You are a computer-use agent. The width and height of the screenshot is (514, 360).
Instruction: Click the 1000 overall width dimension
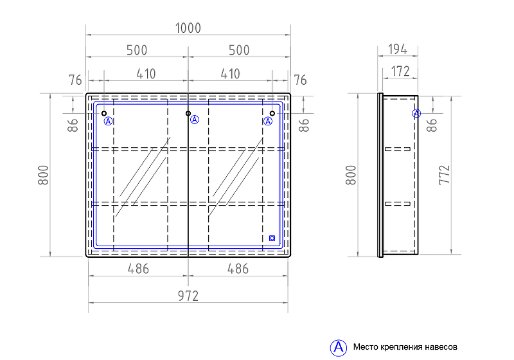click(x=188, y=28)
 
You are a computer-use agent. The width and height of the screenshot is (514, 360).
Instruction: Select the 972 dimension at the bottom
click(x=188, y=296)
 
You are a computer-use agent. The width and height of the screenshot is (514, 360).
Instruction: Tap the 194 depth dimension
click(x=398, y=50)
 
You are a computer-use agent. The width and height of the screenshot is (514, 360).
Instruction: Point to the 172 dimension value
click(x=400, y=71)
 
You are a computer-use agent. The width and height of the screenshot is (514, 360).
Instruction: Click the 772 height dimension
click(x=444, y=175)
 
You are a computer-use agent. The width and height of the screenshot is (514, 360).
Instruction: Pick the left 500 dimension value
click(x=137, y=51)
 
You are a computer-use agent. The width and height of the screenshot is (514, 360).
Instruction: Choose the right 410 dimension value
click(x=230, y=74)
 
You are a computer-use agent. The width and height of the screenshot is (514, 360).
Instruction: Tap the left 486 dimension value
click(x=138, y=269)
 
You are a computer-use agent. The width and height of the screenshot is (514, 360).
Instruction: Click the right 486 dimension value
click(x=238, y=269)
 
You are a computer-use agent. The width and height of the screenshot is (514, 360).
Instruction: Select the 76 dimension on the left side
click(x=75, y=80)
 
